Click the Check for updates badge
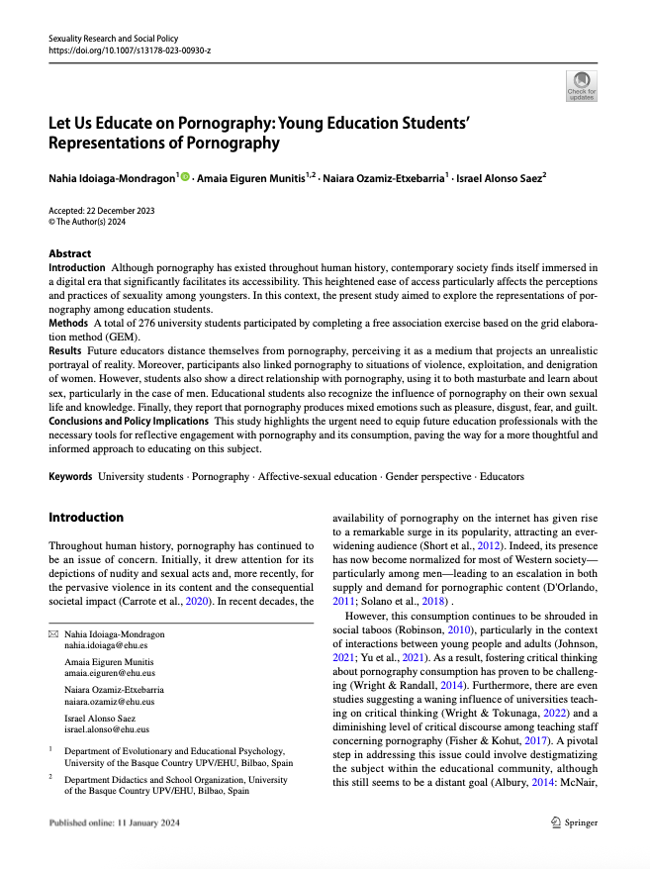click(x=581, y=86)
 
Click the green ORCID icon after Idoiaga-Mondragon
click(x=184, y=176)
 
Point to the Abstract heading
click(x=70, y=254)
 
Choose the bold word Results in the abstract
click(x=65, y=351)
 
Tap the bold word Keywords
click(x=70, y=477)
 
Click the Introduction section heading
click(x=86, y=517)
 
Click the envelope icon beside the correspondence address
click(x=53, y=633)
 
